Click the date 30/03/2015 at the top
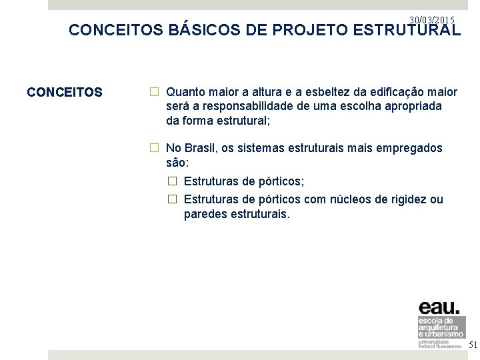click(432, 21)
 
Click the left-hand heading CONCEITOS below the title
click(65, 92)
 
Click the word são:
click(178, 162)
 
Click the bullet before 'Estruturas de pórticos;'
click(171, 181)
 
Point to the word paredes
click(205, 215)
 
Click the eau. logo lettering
click(439, 307)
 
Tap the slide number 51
click(473, 345)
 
